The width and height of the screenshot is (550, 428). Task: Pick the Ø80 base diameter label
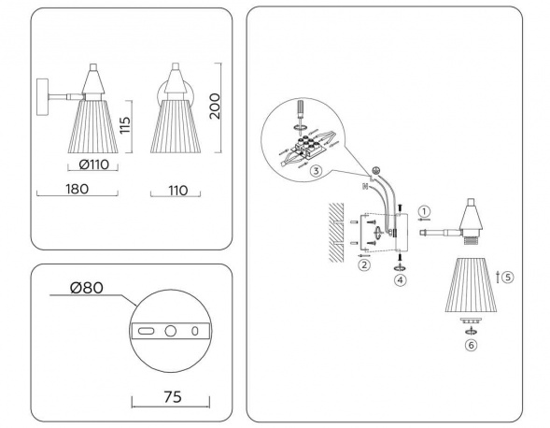(87, 288)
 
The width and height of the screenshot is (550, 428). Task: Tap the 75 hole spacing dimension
(172, 395)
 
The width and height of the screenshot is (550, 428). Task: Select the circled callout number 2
(364, 264)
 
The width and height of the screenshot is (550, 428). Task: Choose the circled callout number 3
(317, 171)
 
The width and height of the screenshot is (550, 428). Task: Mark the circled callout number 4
(401, 278)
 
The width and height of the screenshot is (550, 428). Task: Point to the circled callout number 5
(507, 277)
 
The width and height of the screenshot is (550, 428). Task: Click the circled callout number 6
(471, 344)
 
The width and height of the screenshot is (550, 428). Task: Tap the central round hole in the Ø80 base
(170, 331)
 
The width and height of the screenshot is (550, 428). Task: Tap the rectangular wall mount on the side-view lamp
(43, 97)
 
